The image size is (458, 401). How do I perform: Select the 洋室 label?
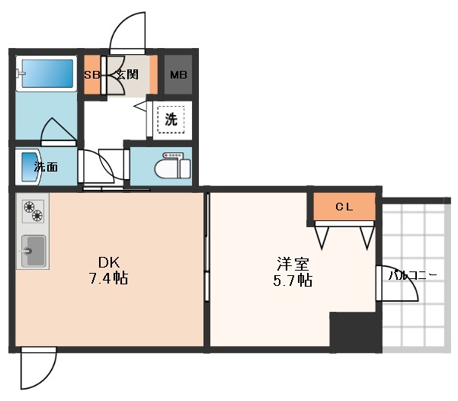293,265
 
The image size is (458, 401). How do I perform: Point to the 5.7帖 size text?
293,281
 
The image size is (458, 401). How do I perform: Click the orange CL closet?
344,206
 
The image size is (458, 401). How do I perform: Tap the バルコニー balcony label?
412,275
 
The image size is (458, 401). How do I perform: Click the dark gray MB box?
178,75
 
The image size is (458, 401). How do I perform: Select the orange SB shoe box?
91,75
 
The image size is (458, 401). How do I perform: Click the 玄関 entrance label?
127,75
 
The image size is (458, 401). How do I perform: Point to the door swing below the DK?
38,370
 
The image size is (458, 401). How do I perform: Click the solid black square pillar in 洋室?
354,331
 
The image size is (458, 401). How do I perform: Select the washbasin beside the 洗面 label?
29,165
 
